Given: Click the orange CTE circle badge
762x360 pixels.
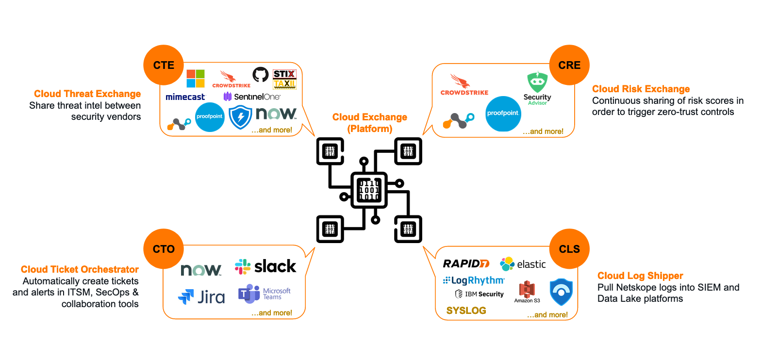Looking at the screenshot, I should point(164,65).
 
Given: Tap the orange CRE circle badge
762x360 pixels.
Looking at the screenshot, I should point(569,65).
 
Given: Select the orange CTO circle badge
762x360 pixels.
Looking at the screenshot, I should point(164,249).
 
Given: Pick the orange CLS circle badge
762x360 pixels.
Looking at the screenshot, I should point(569,249).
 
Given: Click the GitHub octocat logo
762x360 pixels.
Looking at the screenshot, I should point(261,75).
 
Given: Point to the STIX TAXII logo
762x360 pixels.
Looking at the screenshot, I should point(284,79).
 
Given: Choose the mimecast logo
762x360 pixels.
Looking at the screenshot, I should point(185,97).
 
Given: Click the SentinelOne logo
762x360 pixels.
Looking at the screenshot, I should point(252,97).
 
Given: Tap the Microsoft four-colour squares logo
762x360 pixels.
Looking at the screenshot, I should point(196,79).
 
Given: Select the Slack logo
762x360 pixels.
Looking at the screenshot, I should point(265,266).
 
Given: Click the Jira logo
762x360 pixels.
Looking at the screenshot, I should point(201,296).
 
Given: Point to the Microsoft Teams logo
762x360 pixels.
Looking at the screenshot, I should point(264,294).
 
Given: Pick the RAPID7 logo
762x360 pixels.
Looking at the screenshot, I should point(466,263).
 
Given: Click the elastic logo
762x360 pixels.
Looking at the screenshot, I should point(523,264).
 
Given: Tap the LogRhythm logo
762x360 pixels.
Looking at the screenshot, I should point(474,280).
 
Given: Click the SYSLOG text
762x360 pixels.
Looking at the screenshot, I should point(466,311).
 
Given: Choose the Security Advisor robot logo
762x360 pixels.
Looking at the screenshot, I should point(537,82).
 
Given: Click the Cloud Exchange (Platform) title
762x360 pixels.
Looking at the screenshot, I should point(370,123).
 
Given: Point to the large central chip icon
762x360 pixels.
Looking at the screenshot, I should point(369,190).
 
